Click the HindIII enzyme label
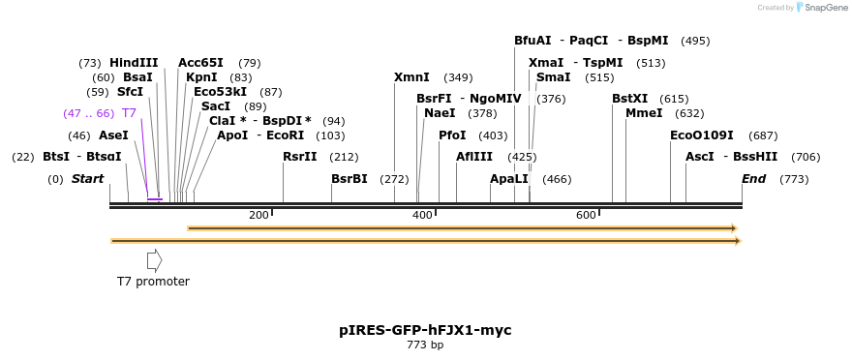(x=134, y=63)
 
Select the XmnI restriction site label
(x=411, y=77)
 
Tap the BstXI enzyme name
(x=629, y=99)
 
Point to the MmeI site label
(x=644, y=113)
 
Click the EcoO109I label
(x=702, y=135)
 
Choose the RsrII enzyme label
(x=299, y=157)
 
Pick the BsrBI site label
(x=350, y=179)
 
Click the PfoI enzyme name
(x=452, y=135)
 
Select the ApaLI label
(x=509, y=179)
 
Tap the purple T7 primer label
(x=129, y=113)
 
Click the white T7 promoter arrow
(x=154, y=260)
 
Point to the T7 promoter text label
(x=153, y=282)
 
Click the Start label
(x=87, y=179)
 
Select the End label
(x=753, y=179)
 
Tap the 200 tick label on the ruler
(x=259, y=215)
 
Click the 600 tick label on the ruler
(x=586, y=215)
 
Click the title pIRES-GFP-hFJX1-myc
(x=425, y=330)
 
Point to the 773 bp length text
(x=425, y=345)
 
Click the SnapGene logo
(x=823, y=8)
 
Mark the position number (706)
(x=806, y=157)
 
